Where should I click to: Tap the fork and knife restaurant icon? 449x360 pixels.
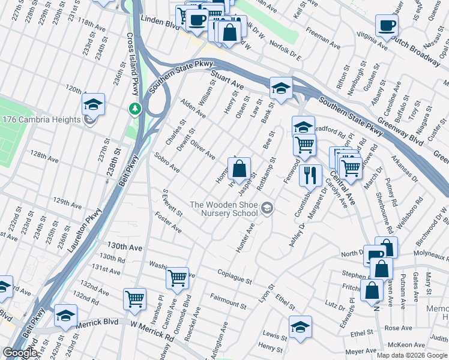point(310,175)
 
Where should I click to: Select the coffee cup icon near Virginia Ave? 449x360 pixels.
point(387,26)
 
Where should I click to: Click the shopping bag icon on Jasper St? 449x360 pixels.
point(239,170)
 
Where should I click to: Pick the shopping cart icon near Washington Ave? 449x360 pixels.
point(177,278)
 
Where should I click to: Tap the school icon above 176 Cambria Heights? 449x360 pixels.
point(93,104)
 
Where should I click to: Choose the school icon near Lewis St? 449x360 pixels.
point(300,327)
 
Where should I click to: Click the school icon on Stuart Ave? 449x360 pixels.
point(280,88)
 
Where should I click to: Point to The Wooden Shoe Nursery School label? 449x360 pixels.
point(223,209)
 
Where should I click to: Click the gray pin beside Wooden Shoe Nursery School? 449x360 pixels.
point(267,209)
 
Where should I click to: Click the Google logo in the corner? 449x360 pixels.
point(20,353)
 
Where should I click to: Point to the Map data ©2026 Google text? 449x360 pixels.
point(412,355)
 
